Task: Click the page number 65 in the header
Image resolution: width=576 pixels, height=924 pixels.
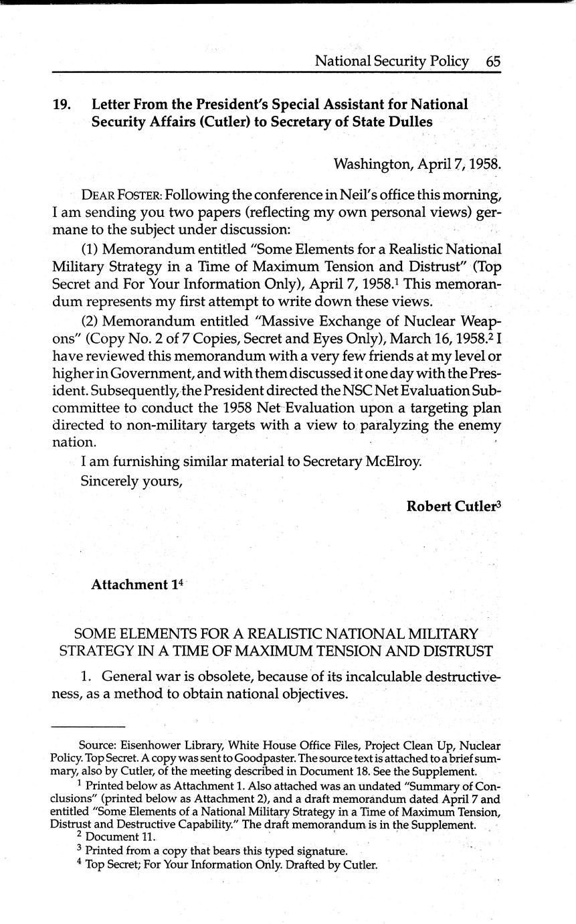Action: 494,61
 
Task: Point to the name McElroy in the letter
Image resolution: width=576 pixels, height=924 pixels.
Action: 392,461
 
